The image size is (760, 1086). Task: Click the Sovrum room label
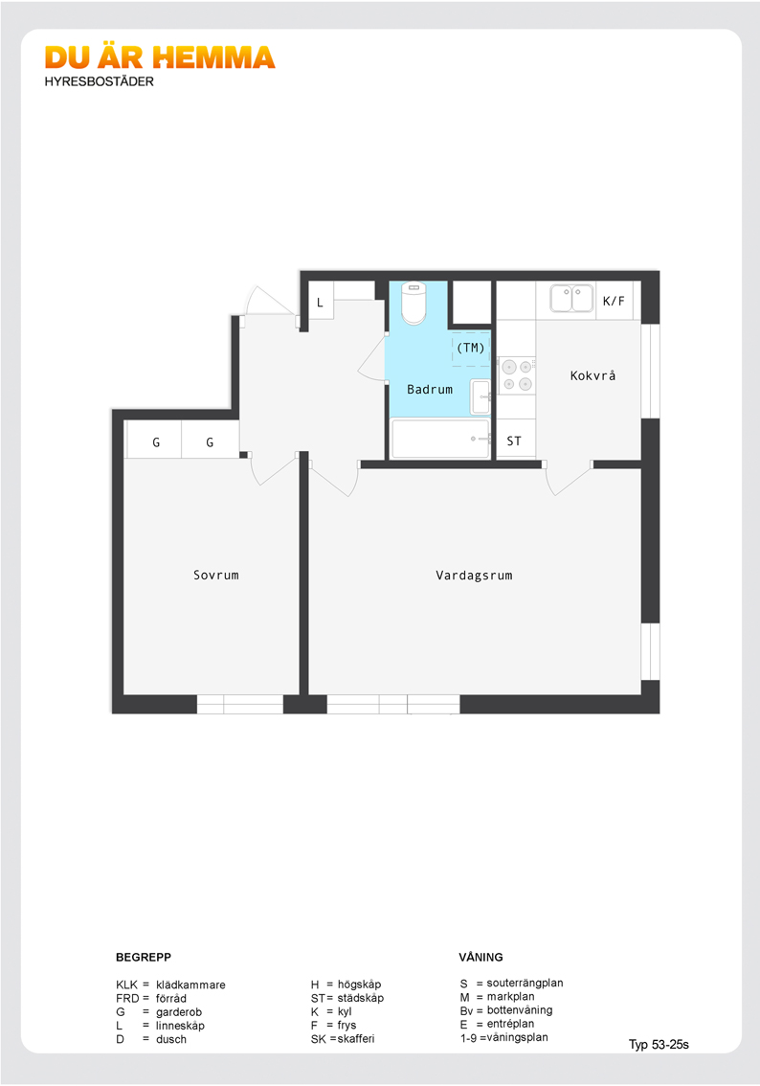(x=216, y=575)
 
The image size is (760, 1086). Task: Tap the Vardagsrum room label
(x=474, y=575)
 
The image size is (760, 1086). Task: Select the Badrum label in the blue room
(x=430, y=389)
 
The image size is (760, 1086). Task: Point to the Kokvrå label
(x=592, y=375)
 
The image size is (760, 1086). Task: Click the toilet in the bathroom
(x=414, y=303)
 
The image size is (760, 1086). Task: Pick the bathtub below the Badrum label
(x=440, y=439)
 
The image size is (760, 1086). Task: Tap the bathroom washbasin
(x=481, y=396)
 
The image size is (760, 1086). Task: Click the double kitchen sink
(x=571, y=299)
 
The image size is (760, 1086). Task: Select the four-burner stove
(x=517, y=374)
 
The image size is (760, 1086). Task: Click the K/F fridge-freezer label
(x=614, y=301)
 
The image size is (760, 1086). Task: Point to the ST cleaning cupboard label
(x=514, y=441)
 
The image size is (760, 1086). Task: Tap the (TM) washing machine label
(x=471, y=348)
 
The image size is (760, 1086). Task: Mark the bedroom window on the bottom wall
(x=240, y=705)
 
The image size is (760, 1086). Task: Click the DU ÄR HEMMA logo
(x=160, y=58)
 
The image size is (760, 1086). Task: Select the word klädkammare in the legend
(x=190, y=984)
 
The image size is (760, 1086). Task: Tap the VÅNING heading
(x=481, y=957)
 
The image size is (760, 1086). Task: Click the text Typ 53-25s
(x=659, y=1045)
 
